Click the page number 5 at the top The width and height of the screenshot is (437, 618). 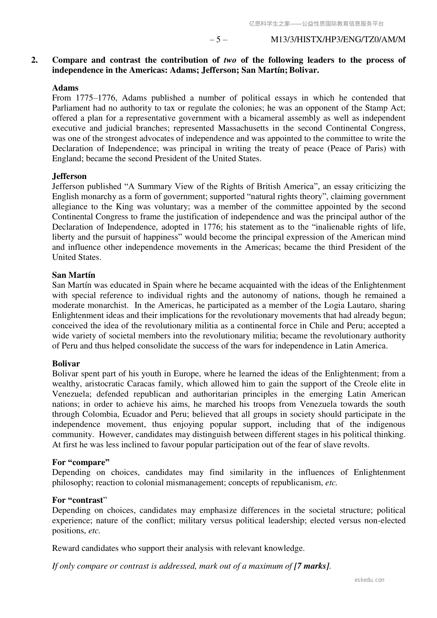click(218, 40)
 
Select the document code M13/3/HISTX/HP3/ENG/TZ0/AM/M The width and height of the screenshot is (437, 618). click(338, 40)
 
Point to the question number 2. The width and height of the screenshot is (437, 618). click(34, 60)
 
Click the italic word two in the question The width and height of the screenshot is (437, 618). click(230, 60)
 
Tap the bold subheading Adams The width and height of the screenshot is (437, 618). click(65, 88)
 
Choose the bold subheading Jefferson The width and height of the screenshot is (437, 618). click(69, 176)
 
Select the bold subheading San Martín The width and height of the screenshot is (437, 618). click(73, 275)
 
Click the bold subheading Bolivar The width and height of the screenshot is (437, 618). click(66, 364)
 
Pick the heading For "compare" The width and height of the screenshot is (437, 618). click(81, 462)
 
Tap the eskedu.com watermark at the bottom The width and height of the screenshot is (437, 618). click(369, 580)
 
